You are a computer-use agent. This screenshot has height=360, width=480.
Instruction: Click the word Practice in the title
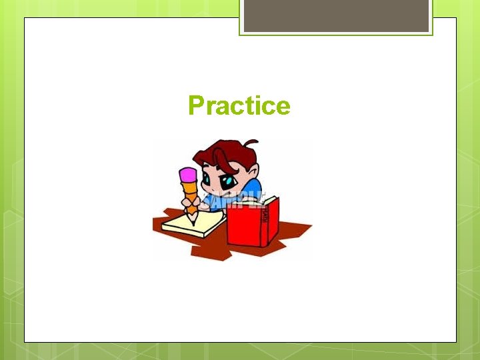pyautogui.click(x=239, y=106)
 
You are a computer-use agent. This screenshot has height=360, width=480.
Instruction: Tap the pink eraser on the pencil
pyautogui.click(x=188, y=175)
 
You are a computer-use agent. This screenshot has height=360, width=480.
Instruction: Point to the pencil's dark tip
pyautogui.click(x=194, y=220)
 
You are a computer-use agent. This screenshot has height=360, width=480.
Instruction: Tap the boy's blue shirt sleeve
pyautogui.click(x=255, y=187)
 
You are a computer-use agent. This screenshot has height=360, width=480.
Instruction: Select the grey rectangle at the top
pyautogui.click(x=336, y=16)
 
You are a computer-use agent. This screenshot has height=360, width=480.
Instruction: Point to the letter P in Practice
pyautogui.click(x=196, y=106)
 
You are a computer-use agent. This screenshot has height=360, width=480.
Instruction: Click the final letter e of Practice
pyautogui.click(x=283, y=107)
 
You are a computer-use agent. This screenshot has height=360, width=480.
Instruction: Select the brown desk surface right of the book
pyautogui.click(x=293, y=230)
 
